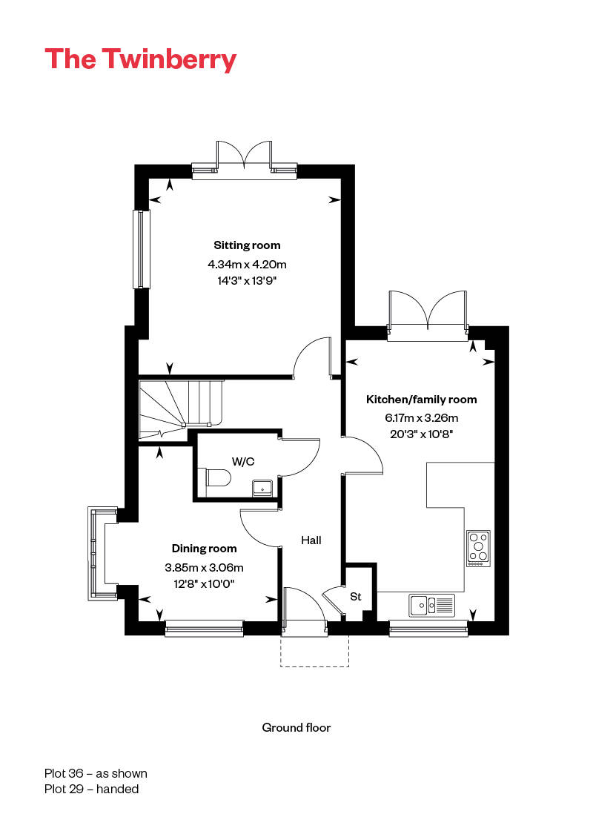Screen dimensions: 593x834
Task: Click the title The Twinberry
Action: click(140, 59)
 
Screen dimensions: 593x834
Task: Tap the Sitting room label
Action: click(247, 245)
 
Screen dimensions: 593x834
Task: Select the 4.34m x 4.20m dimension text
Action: click(247, 264)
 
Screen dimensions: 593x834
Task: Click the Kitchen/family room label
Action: click(421, 400)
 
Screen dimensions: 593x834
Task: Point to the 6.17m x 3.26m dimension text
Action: click(421, 417)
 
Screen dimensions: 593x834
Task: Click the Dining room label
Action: click(204, 549)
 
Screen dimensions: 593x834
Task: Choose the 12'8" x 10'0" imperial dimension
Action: click(204, 583)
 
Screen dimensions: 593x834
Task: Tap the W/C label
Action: click(243, 461)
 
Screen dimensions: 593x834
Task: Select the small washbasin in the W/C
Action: click(262, 487)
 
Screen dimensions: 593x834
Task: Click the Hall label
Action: click(311, 540)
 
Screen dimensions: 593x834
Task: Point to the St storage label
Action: click(355, 596)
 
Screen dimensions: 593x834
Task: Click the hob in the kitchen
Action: click(478, 549)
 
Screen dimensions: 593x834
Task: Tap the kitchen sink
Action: click(432, 605)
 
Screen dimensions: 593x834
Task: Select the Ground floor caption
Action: click(296, 727)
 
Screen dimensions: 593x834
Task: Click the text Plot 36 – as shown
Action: click(96, 773)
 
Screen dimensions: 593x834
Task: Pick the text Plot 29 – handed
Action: click(91, 789)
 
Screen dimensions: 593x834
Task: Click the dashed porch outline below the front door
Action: click(315, 666)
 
